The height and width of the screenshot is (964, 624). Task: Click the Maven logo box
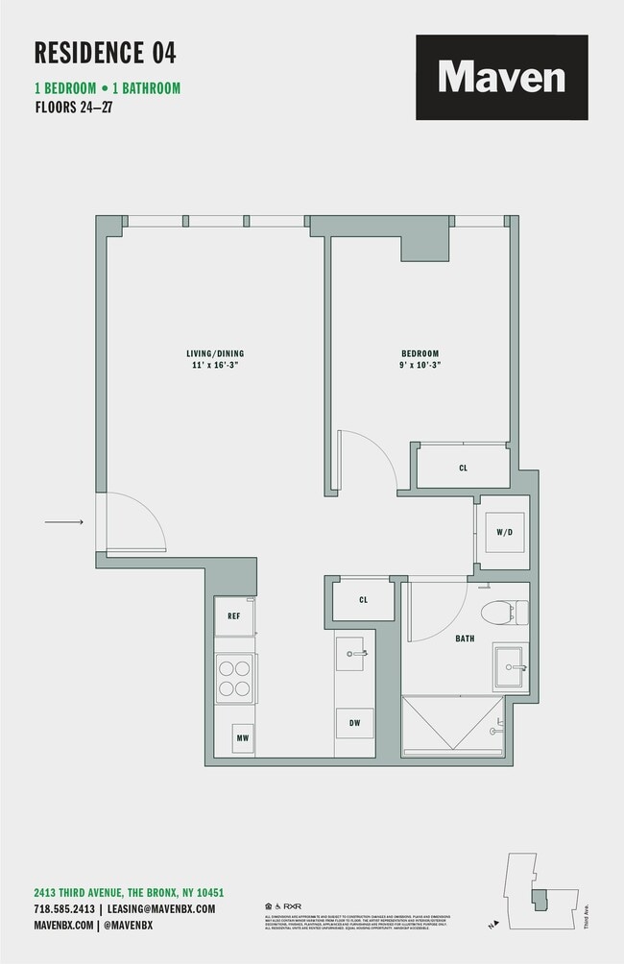click(x=501, y=77)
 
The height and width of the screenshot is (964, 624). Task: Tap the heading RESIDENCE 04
click(x=106, y=52)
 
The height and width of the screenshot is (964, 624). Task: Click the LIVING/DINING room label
click(x=215, y=353)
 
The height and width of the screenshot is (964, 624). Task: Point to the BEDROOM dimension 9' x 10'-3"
click(x=420, y=366)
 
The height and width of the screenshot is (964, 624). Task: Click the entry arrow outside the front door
click(x=63, y=522)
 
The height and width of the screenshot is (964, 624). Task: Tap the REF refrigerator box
click(x=234, y=615)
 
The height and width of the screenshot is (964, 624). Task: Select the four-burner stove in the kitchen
click(x=234, y=678)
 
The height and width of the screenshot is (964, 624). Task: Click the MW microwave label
click(x=243, y=738)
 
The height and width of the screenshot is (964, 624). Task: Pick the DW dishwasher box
click(x=354, y=723)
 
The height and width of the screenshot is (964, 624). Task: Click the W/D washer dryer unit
click(x=504, y=532)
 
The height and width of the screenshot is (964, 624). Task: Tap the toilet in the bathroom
click(x=503, y=612)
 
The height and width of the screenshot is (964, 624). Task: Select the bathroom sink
click(x=511, y=666)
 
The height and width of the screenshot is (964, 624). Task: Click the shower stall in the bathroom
click(x=451, y=725)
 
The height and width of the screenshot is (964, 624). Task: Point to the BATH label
click(x=465, y=638)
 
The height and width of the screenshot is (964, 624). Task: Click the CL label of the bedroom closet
click(x=463, y=468)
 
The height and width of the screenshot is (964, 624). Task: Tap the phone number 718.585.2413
click(x=63, y=908)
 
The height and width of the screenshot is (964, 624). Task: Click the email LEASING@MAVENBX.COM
click(x=161, y=908)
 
